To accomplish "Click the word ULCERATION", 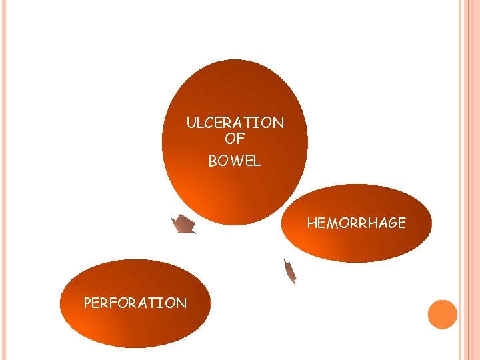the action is tap(235, 123).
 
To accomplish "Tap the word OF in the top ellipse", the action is tap(235, 139).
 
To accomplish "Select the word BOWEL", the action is tap(235, 161).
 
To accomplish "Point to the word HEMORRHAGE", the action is tap(356, 223).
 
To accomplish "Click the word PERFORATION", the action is tap(135, 303).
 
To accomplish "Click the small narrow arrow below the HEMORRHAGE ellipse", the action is tap(289, 271).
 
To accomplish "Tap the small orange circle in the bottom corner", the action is tap(442, 315).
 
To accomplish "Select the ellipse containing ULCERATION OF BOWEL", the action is tap(235, 87).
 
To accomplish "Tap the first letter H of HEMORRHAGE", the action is tap(311, 223).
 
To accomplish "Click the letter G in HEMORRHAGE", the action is tap(390, 223).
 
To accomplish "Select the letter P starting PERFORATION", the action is tap(87, 303).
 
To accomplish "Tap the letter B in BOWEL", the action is tap(213, 161).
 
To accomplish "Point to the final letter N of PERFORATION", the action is tap(181, 303).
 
